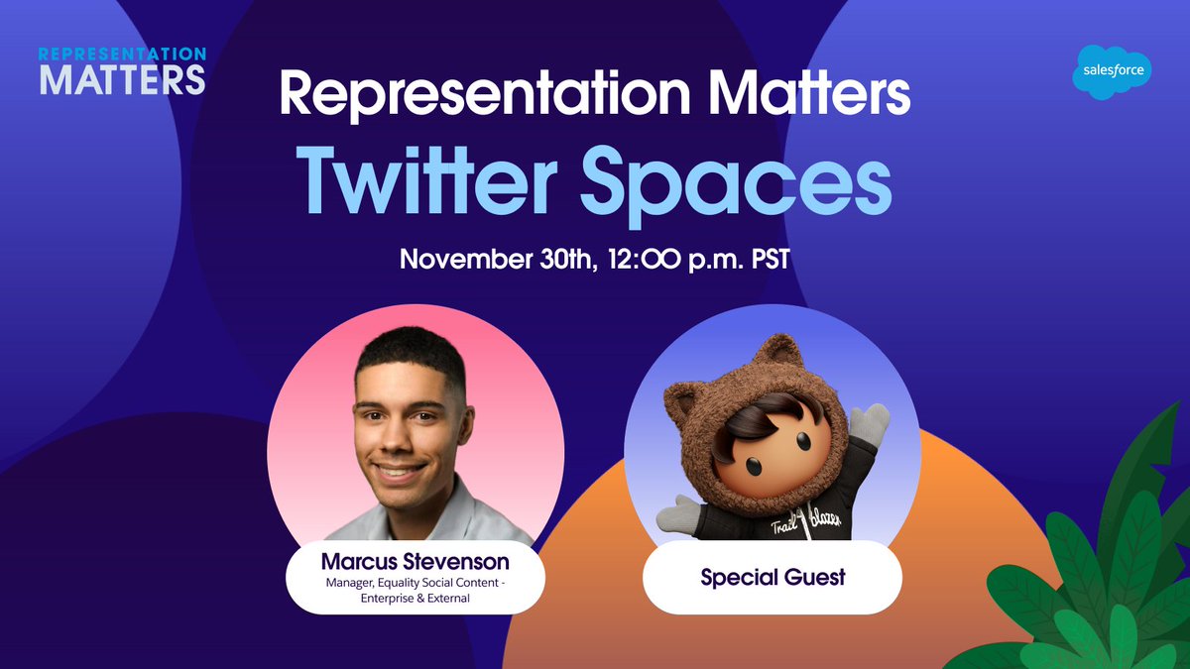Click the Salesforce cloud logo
1111,73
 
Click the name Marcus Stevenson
415,562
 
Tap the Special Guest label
773,577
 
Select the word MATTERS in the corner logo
122,79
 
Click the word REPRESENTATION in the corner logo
122,54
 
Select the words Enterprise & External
416,600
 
